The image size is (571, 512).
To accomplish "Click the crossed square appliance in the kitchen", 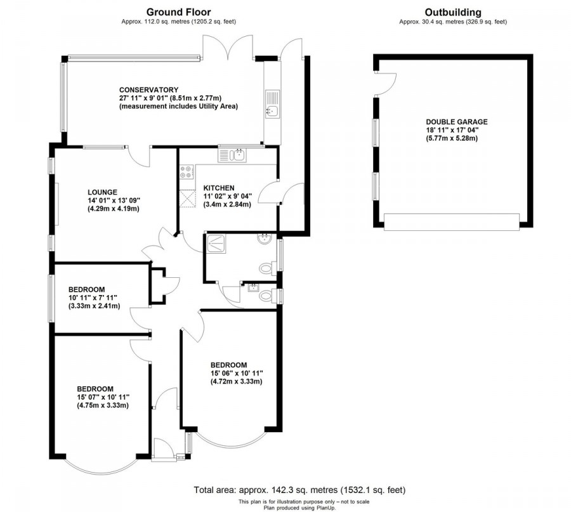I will (187, 199).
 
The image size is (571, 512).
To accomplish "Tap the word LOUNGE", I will (103, 192).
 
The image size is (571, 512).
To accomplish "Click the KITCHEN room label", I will (219, 188).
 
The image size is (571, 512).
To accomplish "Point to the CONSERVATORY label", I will (148, 89).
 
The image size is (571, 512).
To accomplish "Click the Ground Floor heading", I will (178, 11).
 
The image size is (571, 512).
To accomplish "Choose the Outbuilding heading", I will (452, 11).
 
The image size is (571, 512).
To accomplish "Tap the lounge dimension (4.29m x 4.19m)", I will (113, 208).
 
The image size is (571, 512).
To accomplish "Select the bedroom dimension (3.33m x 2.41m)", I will (93, 306).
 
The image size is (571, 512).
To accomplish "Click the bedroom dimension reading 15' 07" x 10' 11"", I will (103, 397).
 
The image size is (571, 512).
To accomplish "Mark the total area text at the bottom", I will (299, 490).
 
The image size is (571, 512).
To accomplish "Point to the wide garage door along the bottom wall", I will (452, 221).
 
